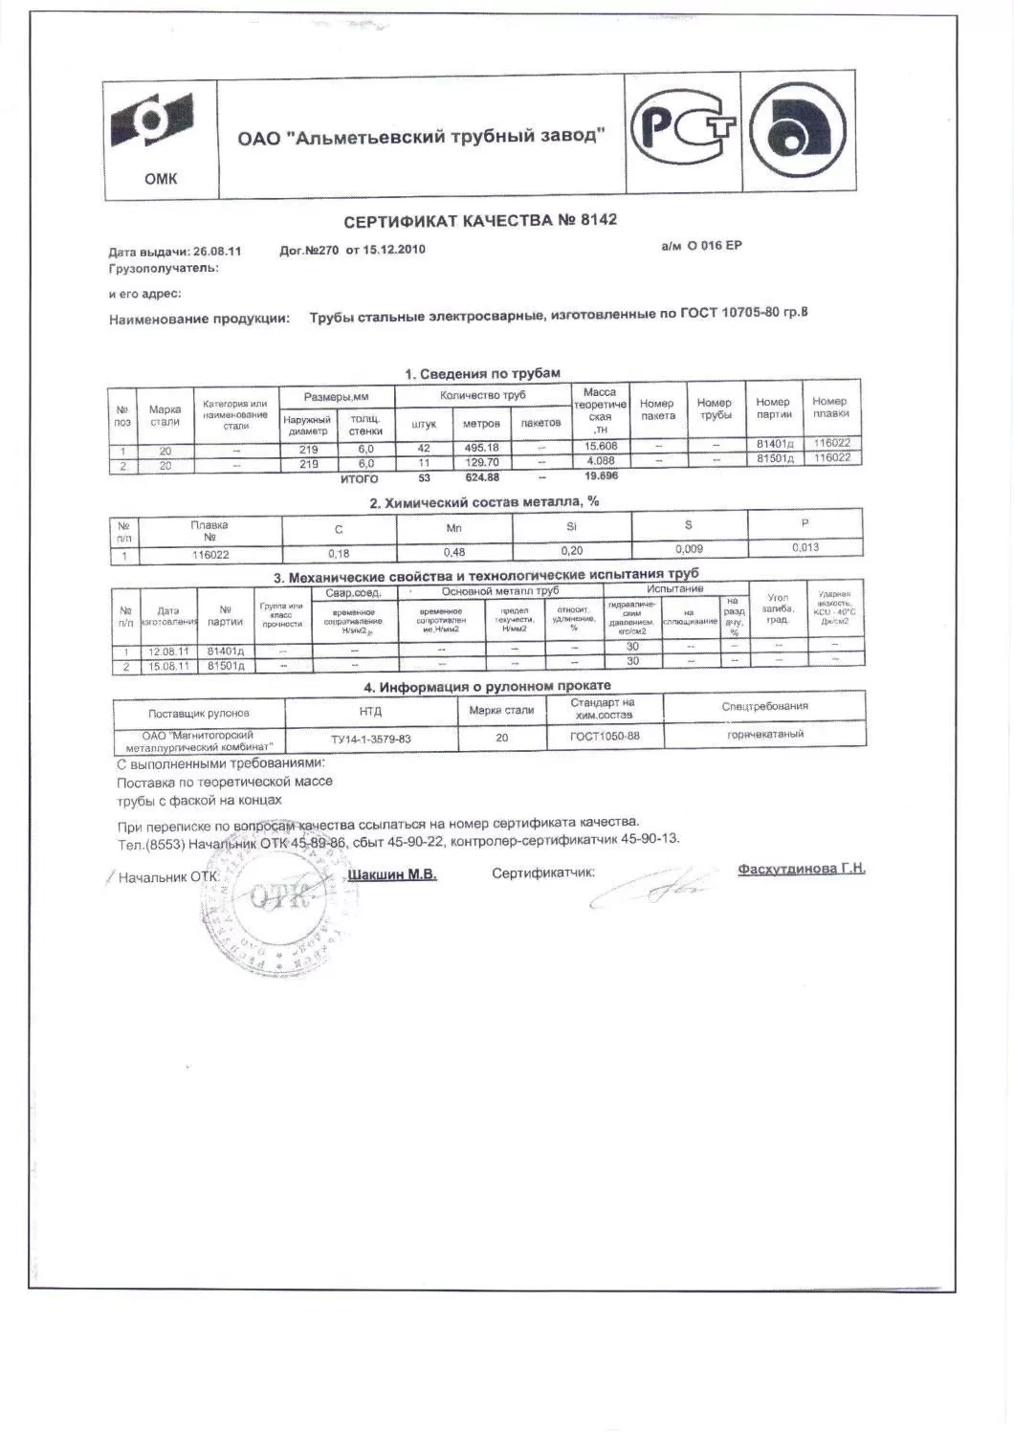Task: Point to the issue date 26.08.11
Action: (217, 252)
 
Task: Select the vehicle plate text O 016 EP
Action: (713, 246)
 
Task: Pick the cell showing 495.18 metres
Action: (481, 448)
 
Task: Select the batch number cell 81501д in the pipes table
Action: (775, 458)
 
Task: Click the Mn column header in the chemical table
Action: (454, 527)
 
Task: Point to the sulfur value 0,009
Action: (689, 549)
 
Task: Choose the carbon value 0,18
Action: (339, 553)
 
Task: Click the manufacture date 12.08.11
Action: (168, 652)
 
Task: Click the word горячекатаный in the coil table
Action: (764, 734)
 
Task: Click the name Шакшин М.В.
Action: (392, 874)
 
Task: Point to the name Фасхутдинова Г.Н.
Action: (801, 869)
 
